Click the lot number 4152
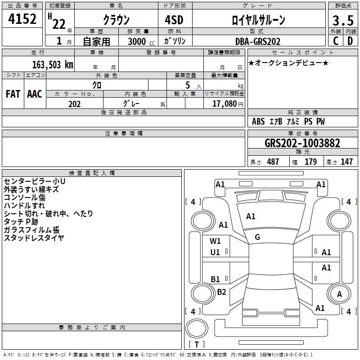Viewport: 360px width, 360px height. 22,19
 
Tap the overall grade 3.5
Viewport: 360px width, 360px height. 343,20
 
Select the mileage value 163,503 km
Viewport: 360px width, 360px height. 53,64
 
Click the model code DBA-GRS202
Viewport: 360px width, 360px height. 258,41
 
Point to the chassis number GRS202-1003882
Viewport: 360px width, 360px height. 302,143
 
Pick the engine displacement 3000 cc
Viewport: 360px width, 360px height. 141,41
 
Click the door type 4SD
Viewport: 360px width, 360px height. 174,20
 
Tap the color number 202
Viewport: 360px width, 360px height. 74,104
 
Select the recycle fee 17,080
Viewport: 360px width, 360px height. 225,104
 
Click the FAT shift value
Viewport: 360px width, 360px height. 13,94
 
